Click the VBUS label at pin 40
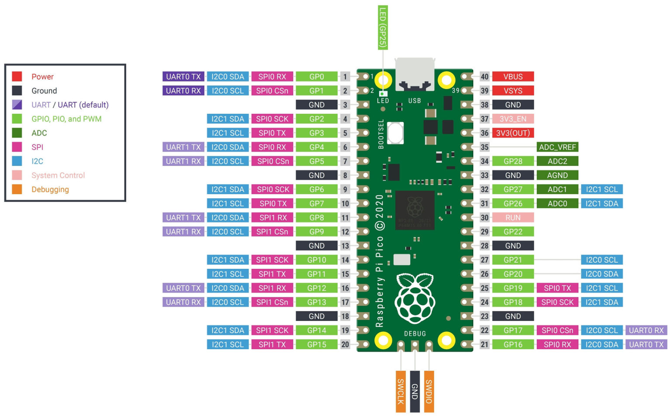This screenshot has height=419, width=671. point(513,77)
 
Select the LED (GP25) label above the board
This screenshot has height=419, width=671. point(383,27)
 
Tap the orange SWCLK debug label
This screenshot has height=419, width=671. point(401,392)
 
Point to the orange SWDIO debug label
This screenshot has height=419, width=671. point(429,392)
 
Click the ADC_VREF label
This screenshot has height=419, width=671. point(557,147)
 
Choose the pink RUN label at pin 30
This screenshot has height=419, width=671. point(513,218)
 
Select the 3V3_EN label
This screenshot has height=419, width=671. point(513,119)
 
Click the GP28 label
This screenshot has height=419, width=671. point(513,161)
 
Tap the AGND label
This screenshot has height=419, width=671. point(557,175)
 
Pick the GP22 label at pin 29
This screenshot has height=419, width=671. point(513,232)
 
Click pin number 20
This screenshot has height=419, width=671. point(345,345)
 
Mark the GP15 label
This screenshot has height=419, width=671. point(317,345)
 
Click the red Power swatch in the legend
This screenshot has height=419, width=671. point(17,77)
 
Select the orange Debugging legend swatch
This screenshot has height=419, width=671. point(17,189)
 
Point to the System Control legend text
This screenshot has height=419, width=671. point(58,175)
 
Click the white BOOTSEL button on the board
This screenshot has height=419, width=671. point(395,133)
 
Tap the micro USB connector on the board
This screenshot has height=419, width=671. point(415,74)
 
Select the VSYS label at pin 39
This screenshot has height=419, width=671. point(513,91)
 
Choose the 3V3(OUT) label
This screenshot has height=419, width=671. point(513,133)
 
